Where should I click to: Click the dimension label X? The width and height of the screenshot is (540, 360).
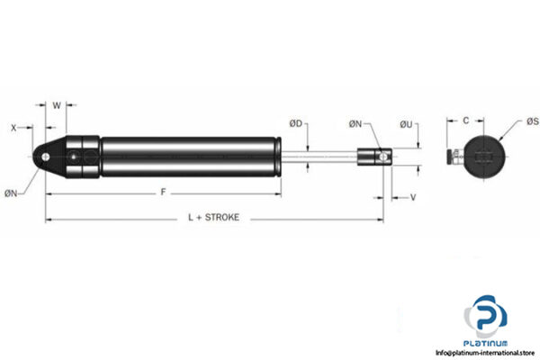[14, 128]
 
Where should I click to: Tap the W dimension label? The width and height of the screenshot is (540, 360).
[57, 105]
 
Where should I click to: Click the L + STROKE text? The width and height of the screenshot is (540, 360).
[213, 219]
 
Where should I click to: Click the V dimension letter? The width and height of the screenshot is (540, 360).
[412, 195]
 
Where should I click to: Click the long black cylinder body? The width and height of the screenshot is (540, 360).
[189, 158]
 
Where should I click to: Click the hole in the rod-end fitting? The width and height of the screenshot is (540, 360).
[384, 158]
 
